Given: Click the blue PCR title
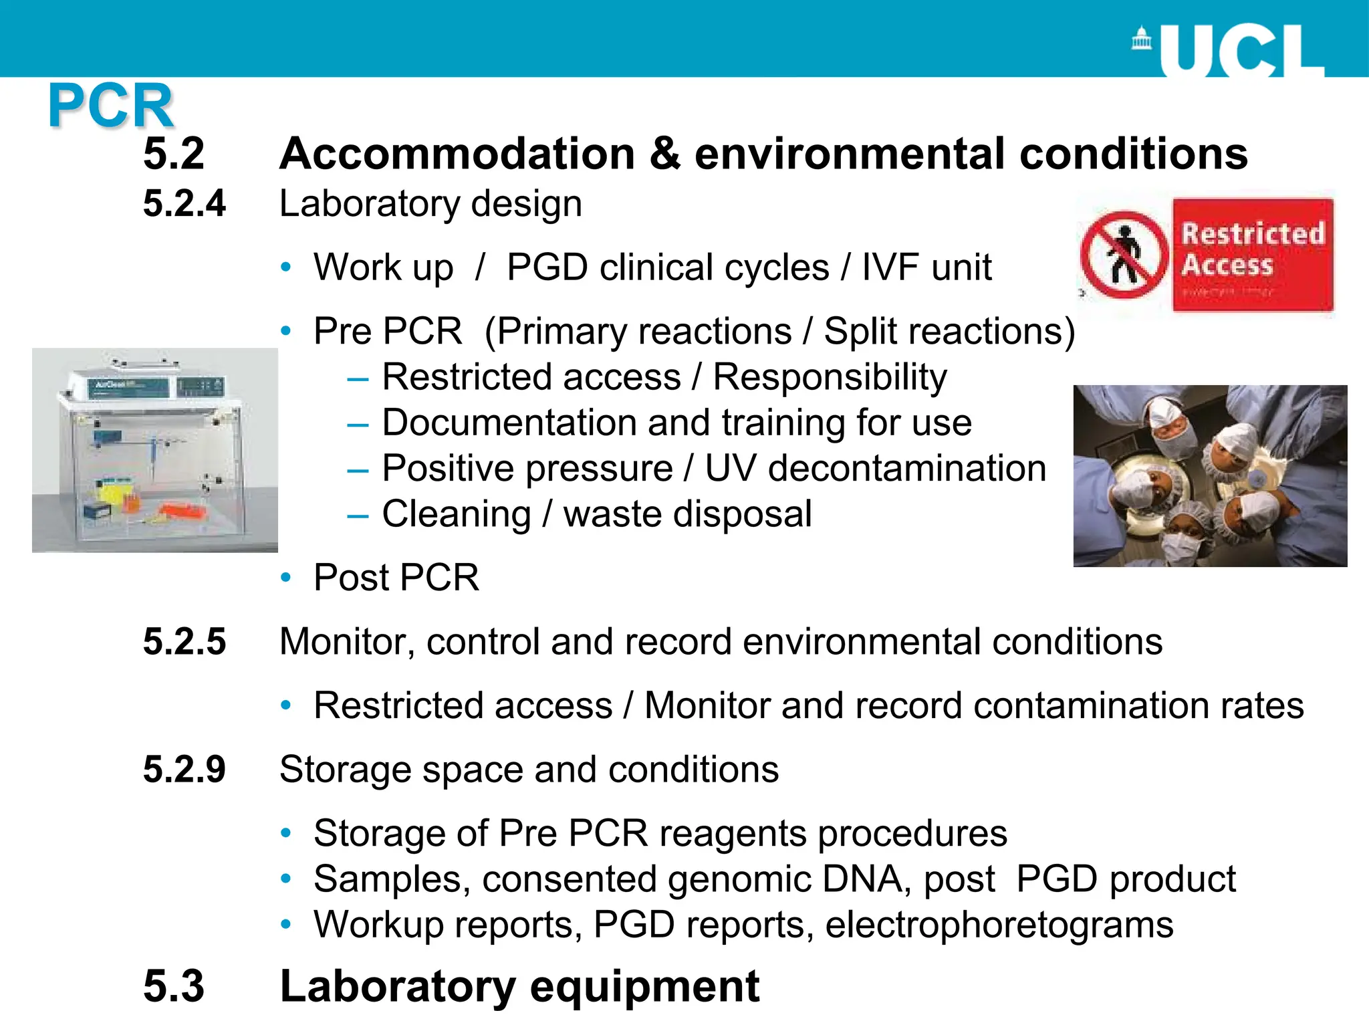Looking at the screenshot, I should (x=111, y=106).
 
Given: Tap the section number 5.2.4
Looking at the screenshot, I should (x=184, y=203).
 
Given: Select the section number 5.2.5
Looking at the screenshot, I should (x=184, y=641).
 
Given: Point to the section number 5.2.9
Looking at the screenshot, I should (x=184, y=769).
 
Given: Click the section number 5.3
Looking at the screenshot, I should (x=174, y=986).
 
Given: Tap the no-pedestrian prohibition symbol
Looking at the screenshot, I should (x=1124, y=255).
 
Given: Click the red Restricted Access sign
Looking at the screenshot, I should (x=1253, y=254).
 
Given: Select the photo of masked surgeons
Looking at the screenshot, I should (x=1210, y=475).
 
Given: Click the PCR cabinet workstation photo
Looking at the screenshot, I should (x=155, y=450).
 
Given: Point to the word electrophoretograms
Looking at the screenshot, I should (x=999, y=925).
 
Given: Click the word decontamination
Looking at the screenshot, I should (x=907, y=468).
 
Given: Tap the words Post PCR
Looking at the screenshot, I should (x=396, y=578).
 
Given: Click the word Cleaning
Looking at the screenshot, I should (x=457, y=514).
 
